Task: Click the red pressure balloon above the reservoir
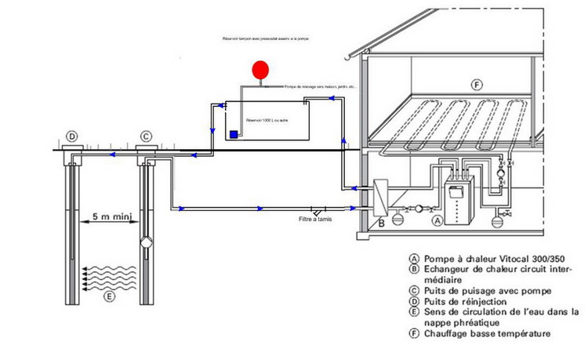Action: pyautogui.click(x=260, y=70)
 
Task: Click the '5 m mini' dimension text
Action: pyautogui.click(x=111, y=215)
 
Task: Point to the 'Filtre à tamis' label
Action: pyautogui.click(x=316, y=220)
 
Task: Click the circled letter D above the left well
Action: pyautogui.click(x=71, y=137)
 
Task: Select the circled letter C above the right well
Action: pyautogui.click(x=145, y=137)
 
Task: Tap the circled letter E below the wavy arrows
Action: pyautogui.click(x=109, y=297)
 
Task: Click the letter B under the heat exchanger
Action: pyautogui.click(x=381, y=224)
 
